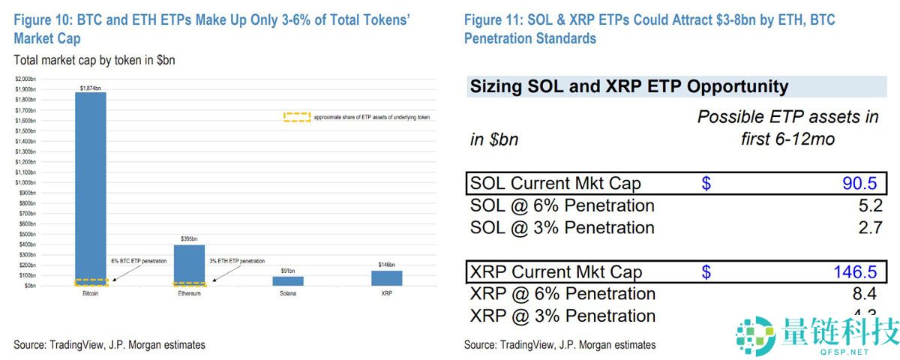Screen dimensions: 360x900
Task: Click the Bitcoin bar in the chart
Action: [90, 187]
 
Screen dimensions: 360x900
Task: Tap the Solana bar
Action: [288, 281]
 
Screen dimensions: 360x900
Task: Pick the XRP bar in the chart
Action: [387, 278]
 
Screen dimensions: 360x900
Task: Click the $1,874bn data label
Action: [90, 88]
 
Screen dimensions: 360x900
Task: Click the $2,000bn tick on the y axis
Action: [25, 79]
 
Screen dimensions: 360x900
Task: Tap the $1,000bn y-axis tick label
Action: [25, 182]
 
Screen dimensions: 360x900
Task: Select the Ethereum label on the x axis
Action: [189, 293]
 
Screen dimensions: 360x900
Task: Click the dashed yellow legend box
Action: [296, 118]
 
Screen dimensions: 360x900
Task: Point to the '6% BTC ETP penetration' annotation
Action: [139, 260]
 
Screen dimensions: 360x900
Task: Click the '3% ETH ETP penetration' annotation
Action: [238, 260]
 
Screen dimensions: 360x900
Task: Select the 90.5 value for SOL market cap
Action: [861, 184]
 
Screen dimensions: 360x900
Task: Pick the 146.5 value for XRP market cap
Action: [856, 271]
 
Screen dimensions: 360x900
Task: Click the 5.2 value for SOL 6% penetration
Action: [870, 205]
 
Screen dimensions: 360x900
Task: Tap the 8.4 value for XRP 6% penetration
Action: [870, 293]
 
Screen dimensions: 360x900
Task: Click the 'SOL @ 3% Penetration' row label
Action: [562, 227]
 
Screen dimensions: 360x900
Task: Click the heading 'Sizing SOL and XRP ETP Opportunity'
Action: [629, 87]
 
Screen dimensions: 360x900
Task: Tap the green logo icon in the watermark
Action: [754, 335]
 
